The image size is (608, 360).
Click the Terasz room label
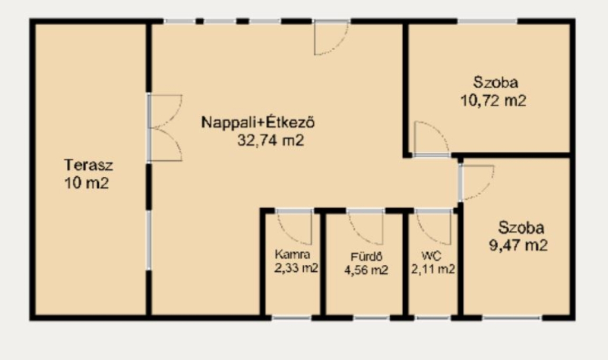tap(89, 165)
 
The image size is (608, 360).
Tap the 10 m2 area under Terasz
tap(87, 183)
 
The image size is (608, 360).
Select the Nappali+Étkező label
tap(258, 122)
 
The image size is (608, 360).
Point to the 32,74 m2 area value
tap(271, 140)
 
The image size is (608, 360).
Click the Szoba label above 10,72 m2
tap(496, 82)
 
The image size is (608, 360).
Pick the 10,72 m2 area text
tap(493, 100)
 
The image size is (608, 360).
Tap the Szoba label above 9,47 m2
tap(521, 228)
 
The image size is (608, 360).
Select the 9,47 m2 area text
tap(518, 245)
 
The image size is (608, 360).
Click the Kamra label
tap(293, 254)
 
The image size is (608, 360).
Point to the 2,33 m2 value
tap(296, 268)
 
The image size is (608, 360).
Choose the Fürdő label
tap(366, 257)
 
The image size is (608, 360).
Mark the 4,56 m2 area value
tap(366, 270)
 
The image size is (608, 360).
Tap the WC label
tap(431, 256)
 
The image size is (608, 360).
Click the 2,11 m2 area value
tap(432, 269)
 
